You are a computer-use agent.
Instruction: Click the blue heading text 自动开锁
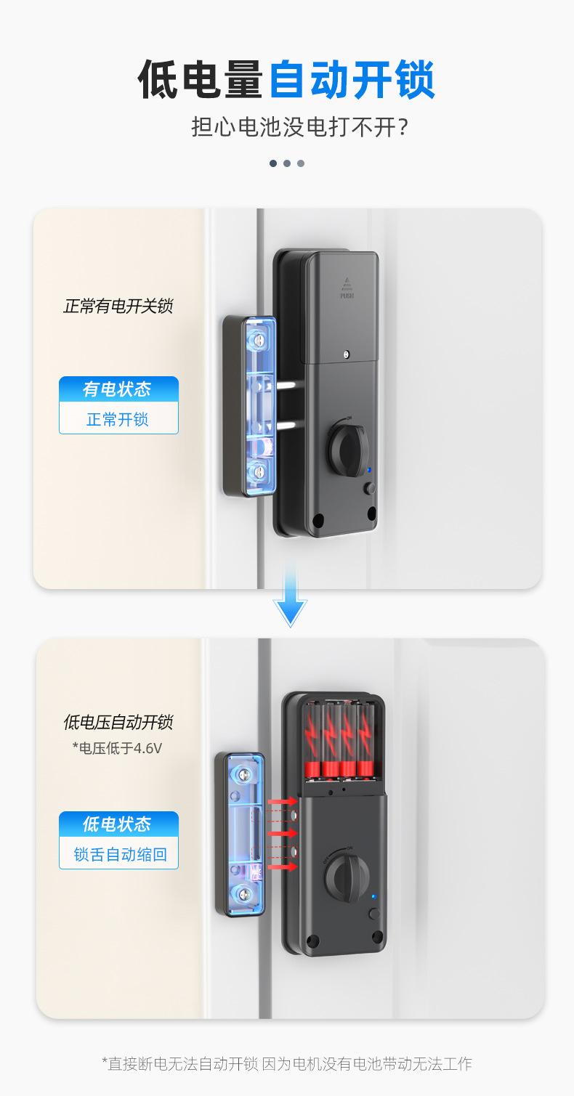pos(352,81)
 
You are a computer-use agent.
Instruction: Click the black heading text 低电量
pos(201,81)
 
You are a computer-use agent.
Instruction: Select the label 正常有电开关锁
pos(118,306)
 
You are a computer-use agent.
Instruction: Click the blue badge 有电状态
pos(118,389)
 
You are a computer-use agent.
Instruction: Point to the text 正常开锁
pos(118,420)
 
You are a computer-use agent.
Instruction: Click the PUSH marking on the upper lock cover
pos(347,296)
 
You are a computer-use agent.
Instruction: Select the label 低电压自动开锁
pos(118,722)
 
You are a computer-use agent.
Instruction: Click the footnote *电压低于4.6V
pos(116,747)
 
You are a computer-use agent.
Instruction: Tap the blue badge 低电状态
pos(118,824)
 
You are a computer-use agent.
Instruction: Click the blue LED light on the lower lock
pos(373,897)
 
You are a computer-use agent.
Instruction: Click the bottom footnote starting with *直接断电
pos(286,1064)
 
